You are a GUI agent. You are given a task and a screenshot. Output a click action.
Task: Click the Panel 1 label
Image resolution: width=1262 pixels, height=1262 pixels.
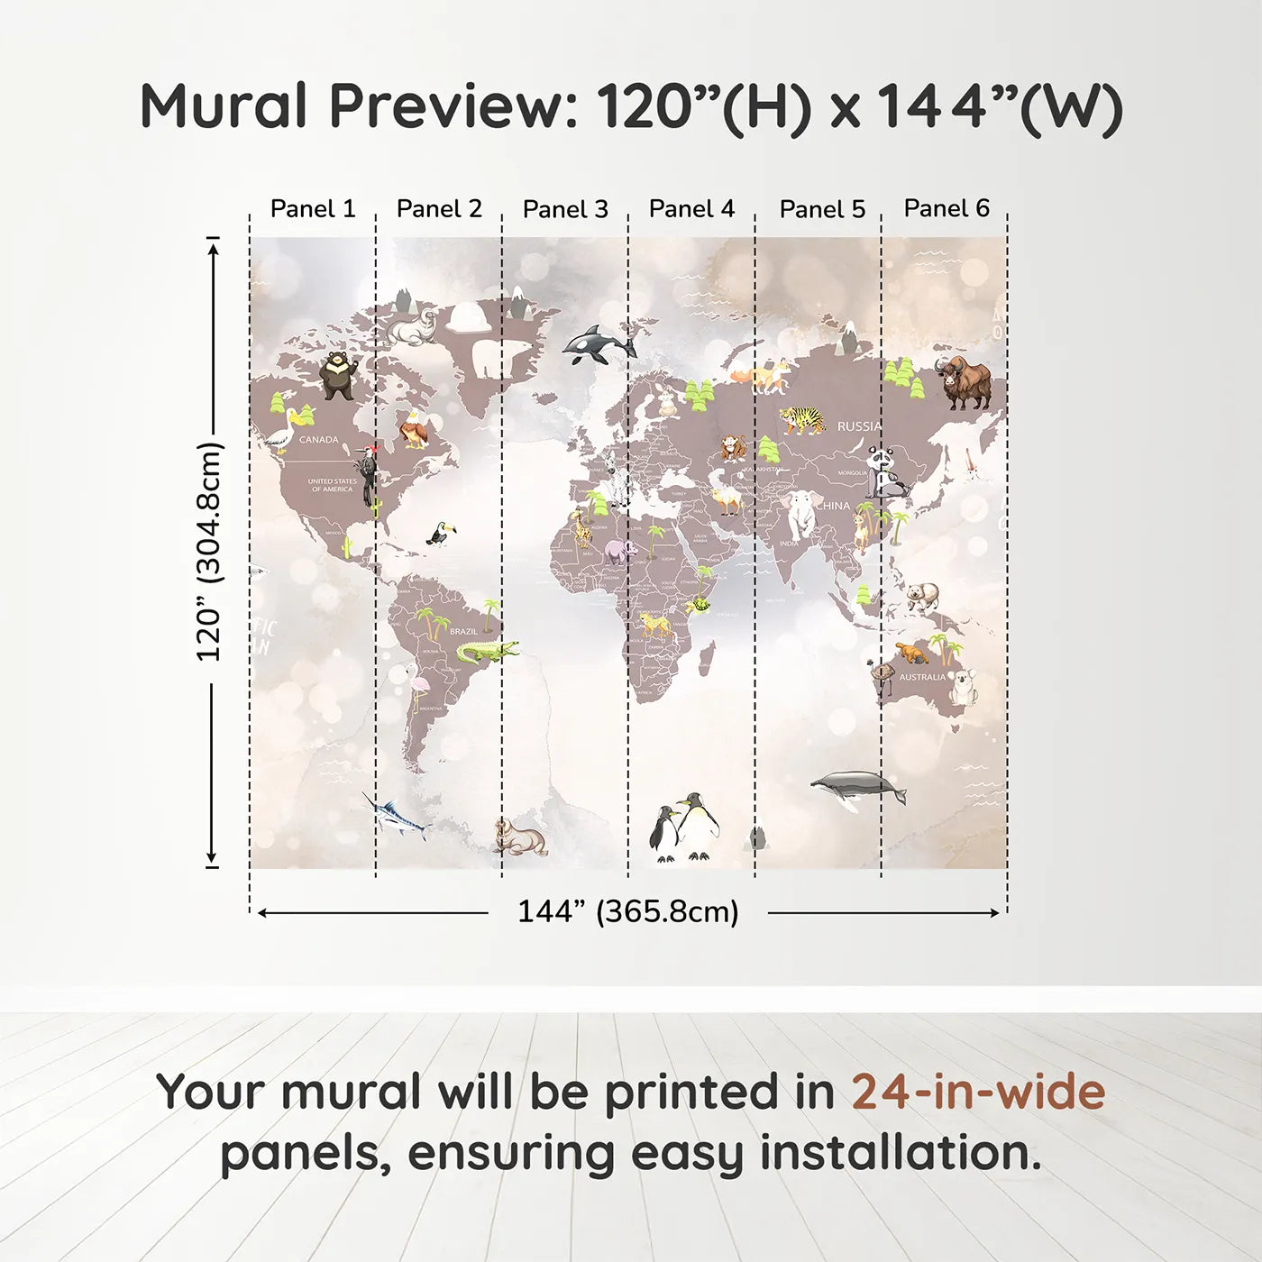point(313,209)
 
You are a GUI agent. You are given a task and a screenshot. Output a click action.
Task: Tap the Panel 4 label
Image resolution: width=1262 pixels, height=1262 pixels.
point(691,209)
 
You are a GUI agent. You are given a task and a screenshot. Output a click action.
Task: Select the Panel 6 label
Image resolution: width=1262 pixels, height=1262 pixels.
point(946,208)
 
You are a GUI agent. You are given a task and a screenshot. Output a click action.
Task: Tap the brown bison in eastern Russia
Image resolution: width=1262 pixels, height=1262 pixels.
point(965,382)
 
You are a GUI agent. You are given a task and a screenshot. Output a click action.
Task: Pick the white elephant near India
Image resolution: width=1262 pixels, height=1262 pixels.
point(801,514)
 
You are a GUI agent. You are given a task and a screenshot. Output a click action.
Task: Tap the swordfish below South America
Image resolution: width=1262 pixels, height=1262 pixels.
point(397,816)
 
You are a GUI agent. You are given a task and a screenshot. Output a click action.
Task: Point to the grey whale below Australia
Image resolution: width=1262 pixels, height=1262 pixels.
point(857,787)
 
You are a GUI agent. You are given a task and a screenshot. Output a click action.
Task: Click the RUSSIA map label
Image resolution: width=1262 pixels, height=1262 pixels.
point(859,425)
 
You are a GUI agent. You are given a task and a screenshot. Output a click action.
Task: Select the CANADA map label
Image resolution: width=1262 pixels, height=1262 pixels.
point(318,440)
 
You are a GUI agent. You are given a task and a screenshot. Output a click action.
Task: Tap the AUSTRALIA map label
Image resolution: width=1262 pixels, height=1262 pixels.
point(922,677)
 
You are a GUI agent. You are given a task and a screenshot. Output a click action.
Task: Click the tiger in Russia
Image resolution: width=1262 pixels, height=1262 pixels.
point(802,419)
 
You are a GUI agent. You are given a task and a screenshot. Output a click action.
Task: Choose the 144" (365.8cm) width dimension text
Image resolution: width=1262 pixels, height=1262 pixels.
point(627,912)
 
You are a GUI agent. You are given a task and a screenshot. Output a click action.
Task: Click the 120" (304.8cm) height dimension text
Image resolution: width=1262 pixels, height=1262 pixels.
point(209,552)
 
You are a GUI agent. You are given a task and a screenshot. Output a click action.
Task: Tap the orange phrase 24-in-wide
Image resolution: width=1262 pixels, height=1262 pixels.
point(978,1092)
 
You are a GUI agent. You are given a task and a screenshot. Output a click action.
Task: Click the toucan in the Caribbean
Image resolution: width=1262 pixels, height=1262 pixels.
point(439,535)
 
